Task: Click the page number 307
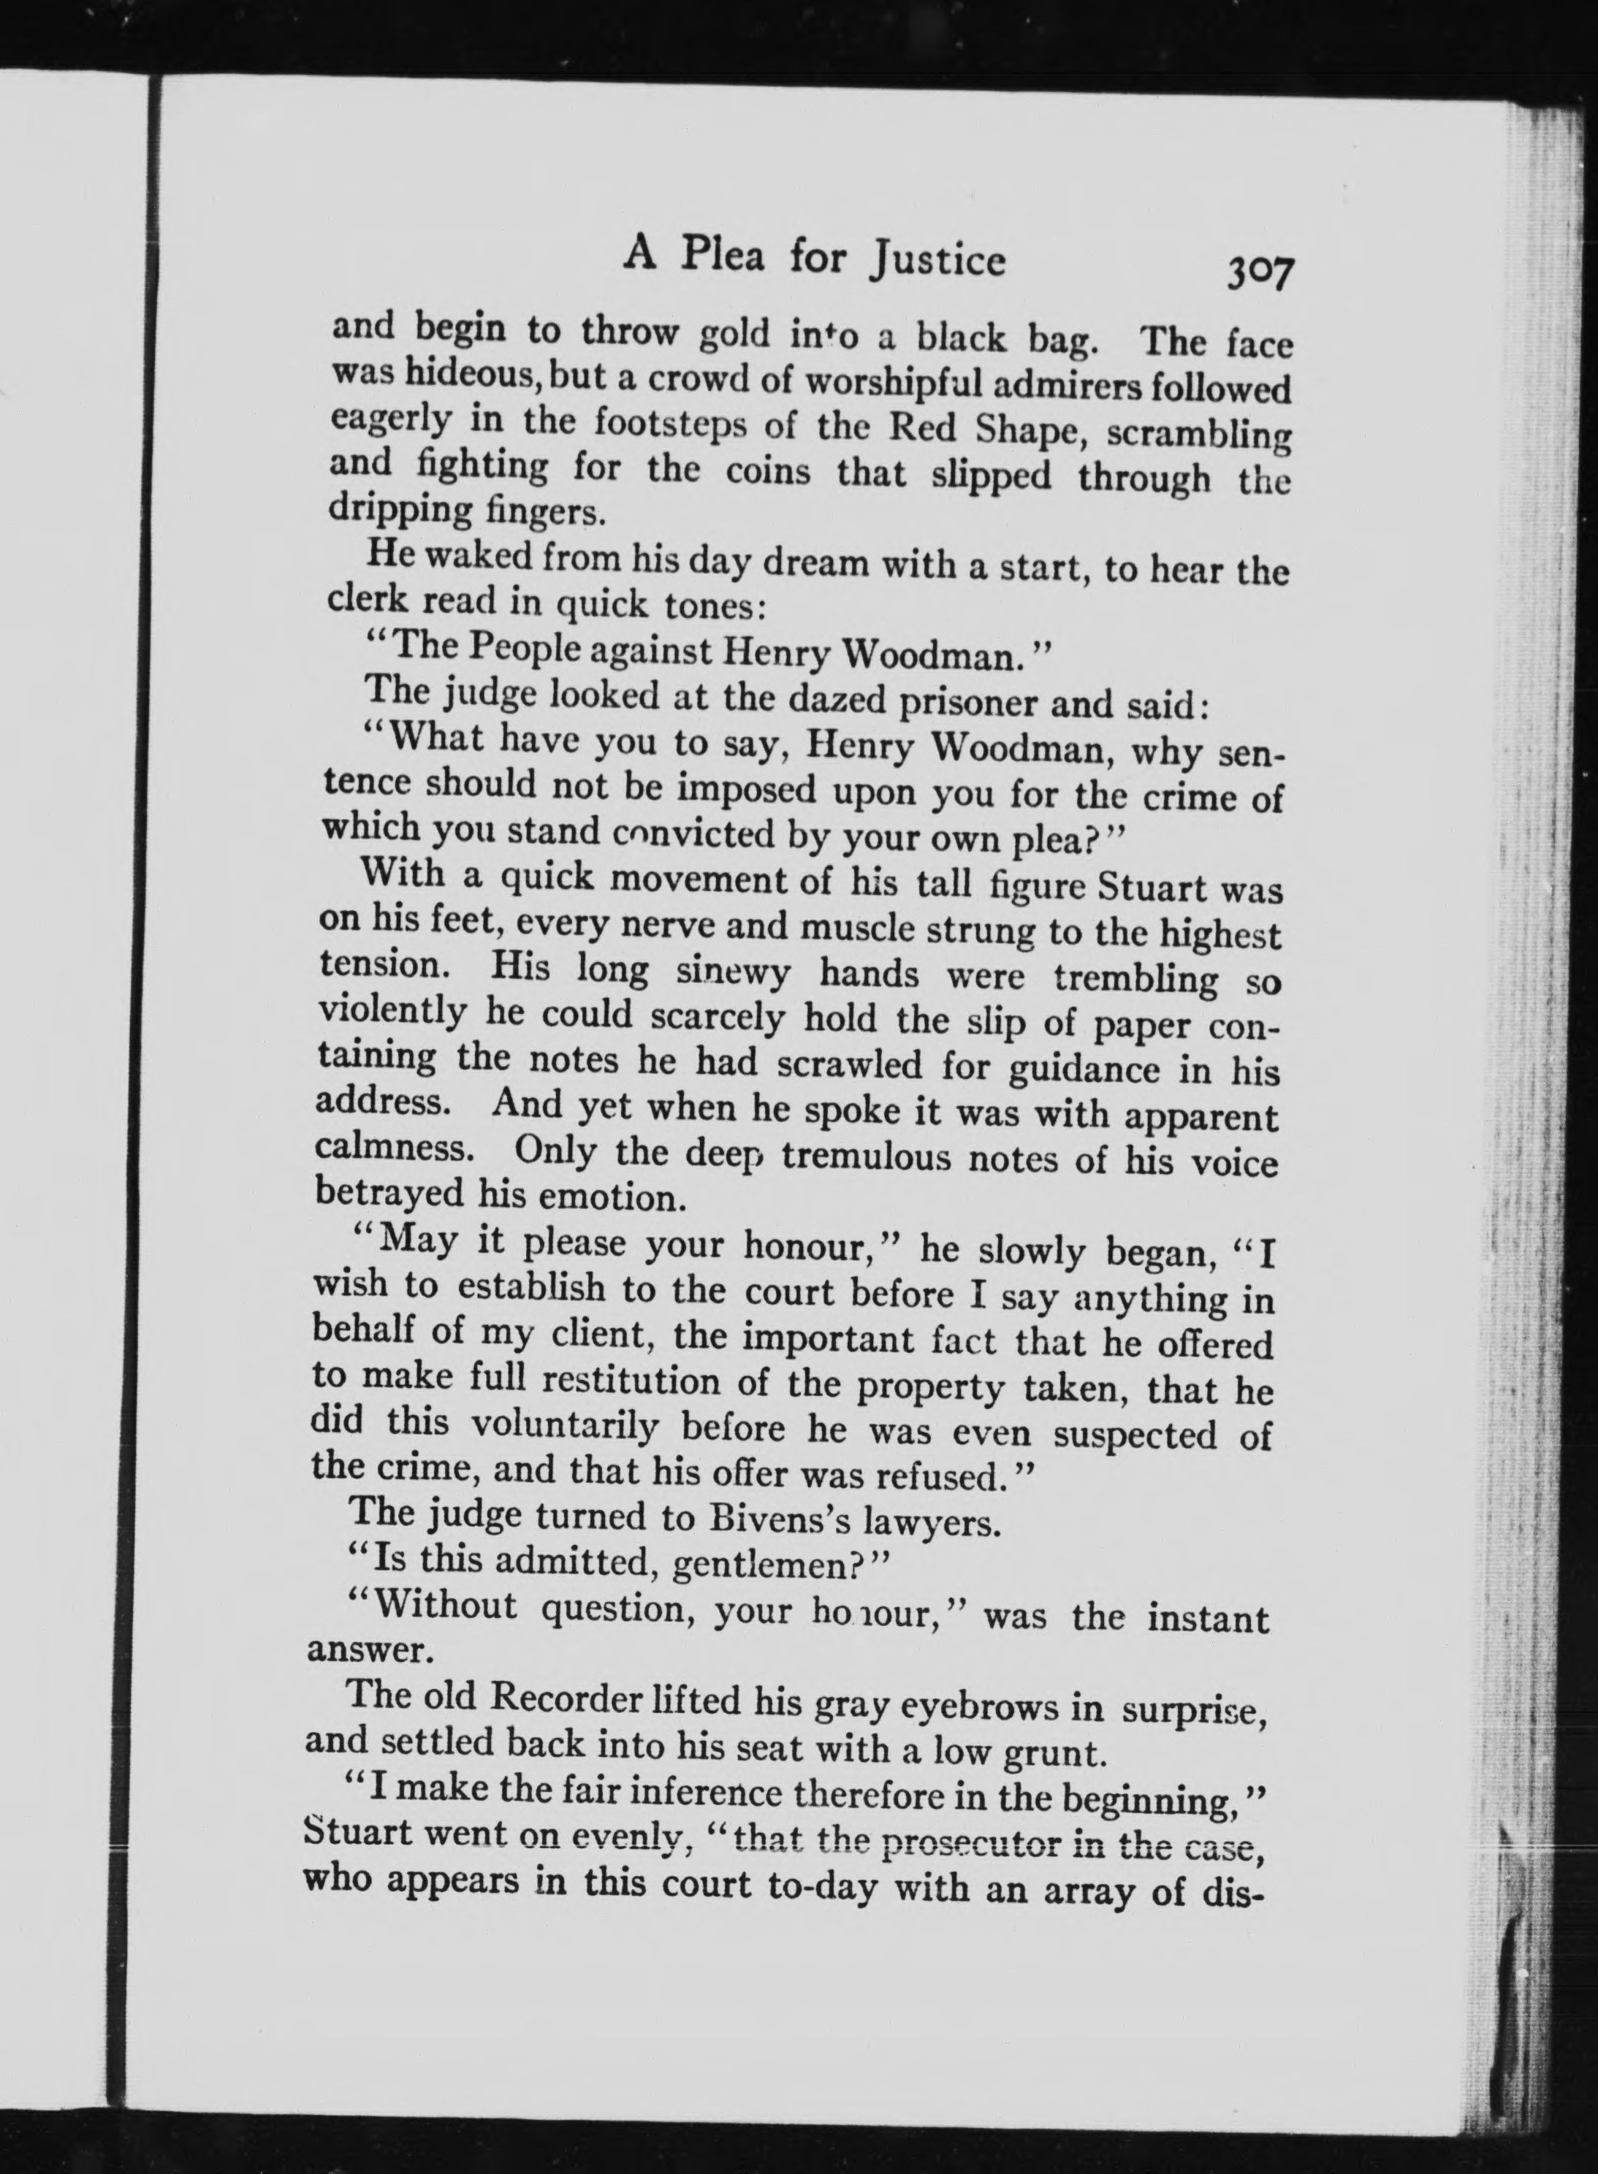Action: (1260, 272)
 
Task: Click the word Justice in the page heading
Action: (936, 260)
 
